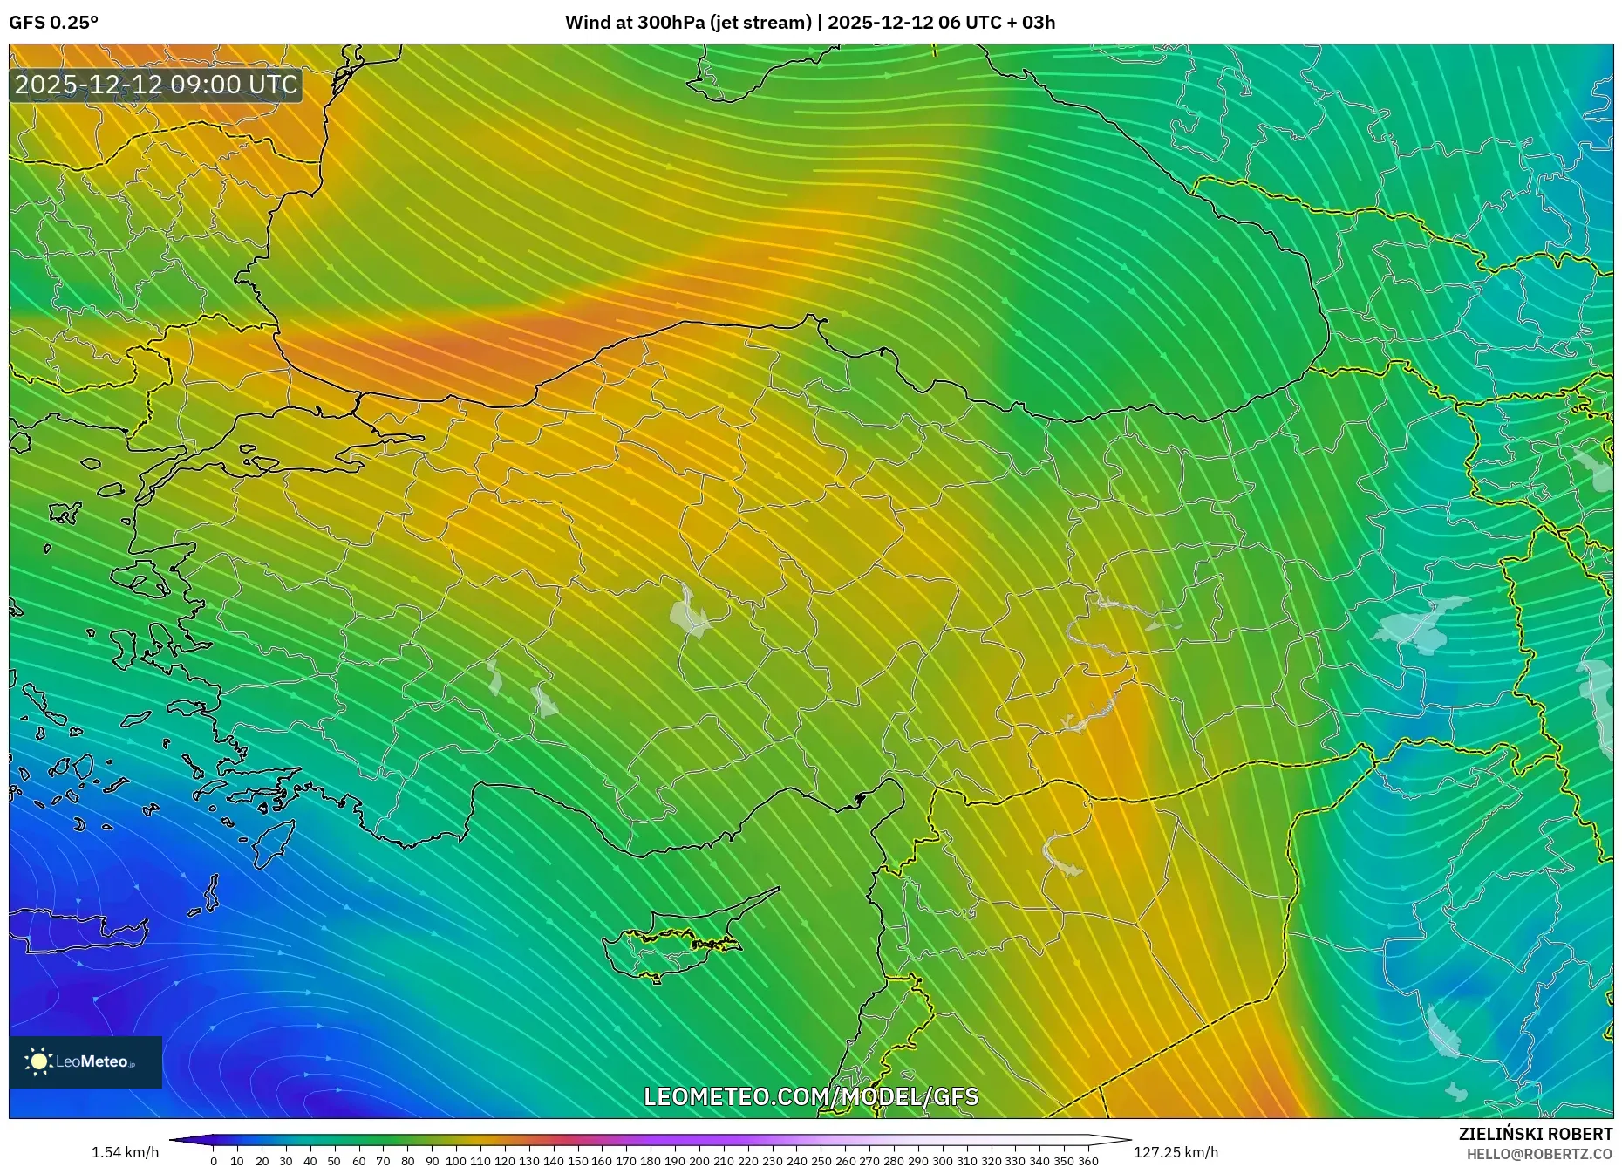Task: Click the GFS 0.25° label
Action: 53,23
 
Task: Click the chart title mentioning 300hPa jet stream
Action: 809,23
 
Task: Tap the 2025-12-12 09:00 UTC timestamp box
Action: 156,85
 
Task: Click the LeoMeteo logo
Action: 85,1061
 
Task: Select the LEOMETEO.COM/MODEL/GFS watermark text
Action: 811,1096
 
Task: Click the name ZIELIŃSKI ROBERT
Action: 1535,1134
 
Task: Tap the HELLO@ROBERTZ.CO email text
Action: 1539,1154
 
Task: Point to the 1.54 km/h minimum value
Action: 125,1152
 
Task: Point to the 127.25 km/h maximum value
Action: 1176,1152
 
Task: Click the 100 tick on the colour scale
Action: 456,1161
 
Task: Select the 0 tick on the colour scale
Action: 214,1161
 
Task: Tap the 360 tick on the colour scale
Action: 1087,1161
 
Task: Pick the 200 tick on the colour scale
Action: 699,1161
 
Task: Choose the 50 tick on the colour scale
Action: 334,1161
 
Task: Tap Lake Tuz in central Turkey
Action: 689,612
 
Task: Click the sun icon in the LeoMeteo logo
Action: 38,1061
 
